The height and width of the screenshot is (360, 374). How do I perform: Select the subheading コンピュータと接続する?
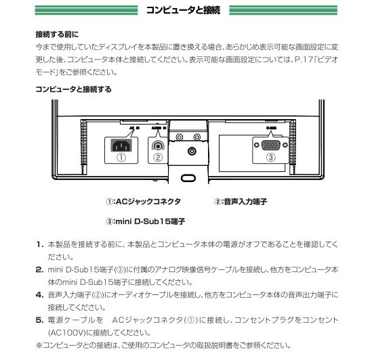73,89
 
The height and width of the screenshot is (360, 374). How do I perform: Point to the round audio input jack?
158,144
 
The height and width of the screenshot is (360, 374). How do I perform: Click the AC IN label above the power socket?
133,127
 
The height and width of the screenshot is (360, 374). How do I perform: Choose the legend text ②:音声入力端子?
240,202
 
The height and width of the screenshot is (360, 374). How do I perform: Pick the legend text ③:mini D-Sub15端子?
146,221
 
